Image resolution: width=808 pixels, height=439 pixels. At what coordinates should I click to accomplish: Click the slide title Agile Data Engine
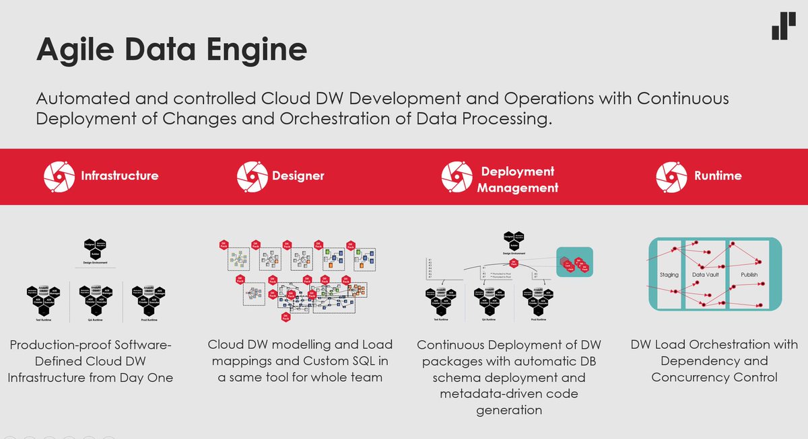coord(171,50)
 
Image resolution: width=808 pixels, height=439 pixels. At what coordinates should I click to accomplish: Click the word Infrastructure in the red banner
coord(120,176)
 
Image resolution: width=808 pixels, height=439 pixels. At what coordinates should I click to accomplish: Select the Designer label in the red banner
coord(298,176)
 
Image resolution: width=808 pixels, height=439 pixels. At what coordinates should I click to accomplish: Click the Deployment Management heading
coord(518,179)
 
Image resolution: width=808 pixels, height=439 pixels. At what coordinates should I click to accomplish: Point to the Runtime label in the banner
coord(718,176)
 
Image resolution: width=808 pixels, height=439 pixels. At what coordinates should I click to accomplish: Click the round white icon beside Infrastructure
coord(59,176)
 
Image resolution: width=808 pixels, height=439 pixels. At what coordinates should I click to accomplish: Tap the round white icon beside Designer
coord(252,176)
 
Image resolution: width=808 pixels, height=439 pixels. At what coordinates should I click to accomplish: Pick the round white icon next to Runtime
coord(671,176)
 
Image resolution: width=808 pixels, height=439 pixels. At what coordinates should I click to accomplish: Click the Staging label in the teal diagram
coord(669,275)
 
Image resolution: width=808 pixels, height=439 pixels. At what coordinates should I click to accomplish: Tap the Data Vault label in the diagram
coord(706,275)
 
